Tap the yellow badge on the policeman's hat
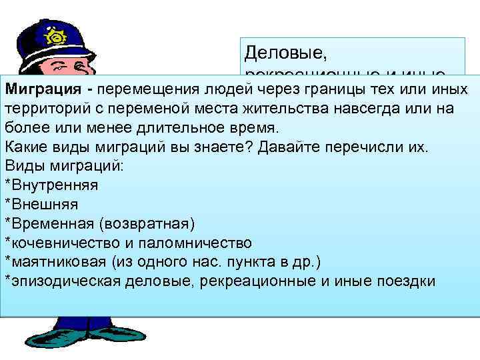click(x=53, y=34)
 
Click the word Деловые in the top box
click(x=274, y=51)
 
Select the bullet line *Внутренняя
click(x=51, y=184)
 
